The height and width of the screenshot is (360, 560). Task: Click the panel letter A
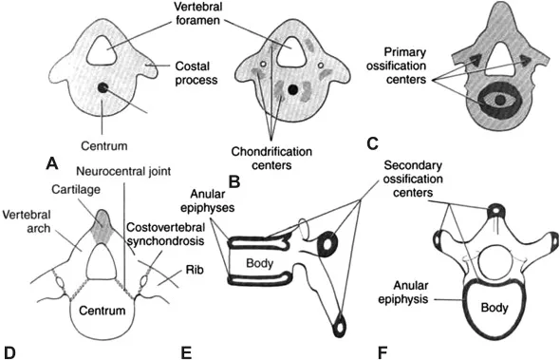[x=53, y=163]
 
